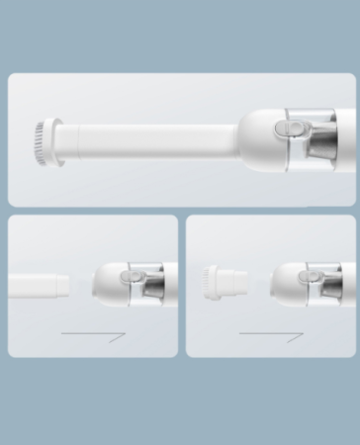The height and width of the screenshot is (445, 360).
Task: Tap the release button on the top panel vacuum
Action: click(288, 130)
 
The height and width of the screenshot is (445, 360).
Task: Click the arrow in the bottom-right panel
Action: click(271, 337)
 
